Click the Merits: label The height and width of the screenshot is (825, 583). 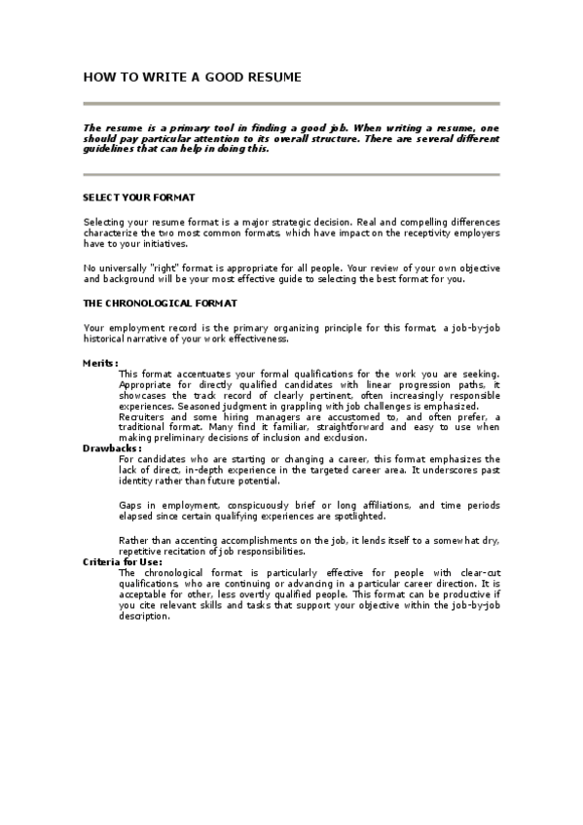(x=100, y=363)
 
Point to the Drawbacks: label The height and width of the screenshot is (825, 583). (x=112, y=448)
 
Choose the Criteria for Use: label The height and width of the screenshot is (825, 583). (x=122, y=562)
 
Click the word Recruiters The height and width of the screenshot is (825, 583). (x=143, y=416)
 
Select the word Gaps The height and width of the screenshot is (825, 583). (x=130, y=506)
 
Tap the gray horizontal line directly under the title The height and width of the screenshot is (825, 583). (x=291, y=103)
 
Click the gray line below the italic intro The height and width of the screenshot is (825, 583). (x=291, y=175)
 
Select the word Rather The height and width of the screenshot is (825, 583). (x=134, y=540)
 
